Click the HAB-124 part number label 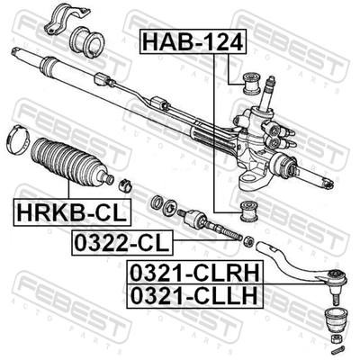tap(193, 41)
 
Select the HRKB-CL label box tap(72, 212)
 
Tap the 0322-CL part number tap(121, 243)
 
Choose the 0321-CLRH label tap(194, 272)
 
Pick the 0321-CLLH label tap(194, 296)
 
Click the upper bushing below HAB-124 tap(251, 84)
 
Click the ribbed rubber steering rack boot tap(69, 161)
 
